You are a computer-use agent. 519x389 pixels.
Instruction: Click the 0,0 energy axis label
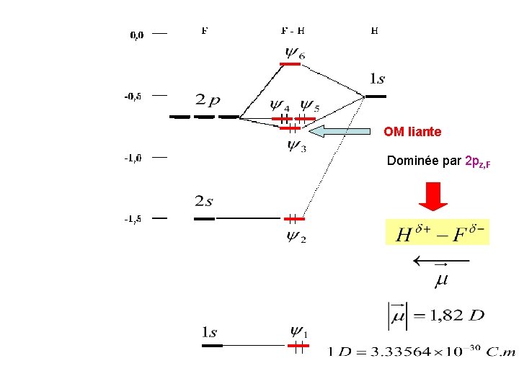click(136, 34)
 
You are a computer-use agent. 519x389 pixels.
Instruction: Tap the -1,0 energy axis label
click(133, 158)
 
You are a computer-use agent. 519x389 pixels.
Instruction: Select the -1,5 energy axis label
click(133, 219)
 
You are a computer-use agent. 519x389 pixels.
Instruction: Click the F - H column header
click(292, 31)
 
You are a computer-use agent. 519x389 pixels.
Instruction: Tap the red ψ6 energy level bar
click(290, 64)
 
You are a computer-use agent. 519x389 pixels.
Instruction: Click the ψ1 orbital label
click(298, 332)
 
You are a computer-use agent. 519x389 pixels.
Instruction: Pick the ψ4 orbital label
click(280, 105)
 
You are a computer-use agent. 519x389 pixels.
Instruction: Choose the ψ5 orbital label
click(310, 105)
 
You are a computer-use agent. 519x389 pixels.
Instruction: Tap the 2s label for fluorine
click(204, 201)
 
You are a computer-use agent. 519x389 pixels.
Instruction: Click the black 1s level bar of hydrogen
click(376, 96)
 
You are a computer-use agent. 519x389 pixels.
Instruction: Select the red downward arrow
click(434, 196)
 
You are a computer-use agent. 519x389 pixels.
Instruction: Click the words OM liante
click(412, 132)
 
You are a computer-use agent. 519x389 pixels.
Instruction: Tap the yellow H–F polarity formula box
click(437, 232)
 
